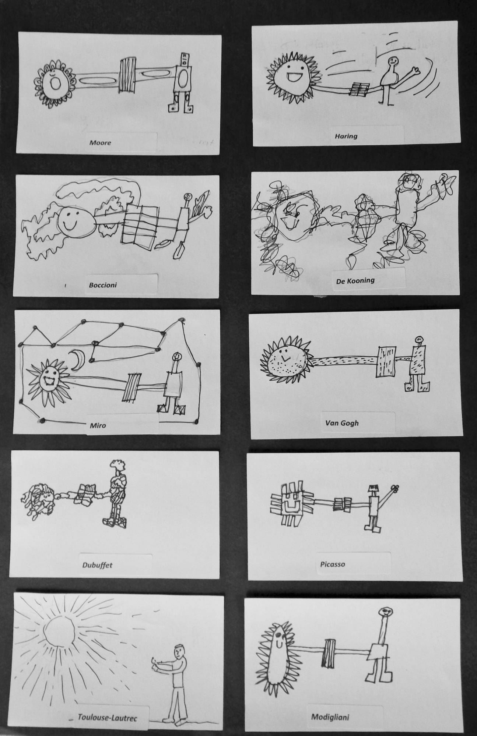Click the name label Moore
[x=100, y=142]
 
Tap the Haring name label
[x=346, y=136]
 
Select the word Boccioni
[x=103, y=285]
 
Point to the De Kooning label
[x=355, y=281]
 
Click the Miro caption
[x=98, y=425]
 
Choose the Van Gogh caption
[x=342, y=423]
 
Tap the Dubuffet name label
[x=97, y=565]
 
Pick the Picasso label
[x=333, y=564]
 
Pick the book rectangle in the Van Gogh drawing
[x=385, y=361]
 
